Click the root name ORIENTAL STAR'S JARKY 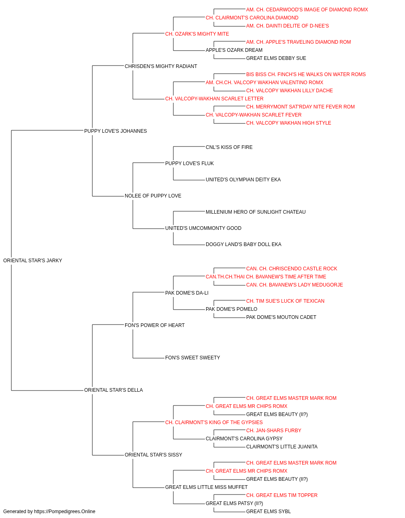point(33,260)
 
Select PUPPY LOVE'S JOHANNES point(115,131)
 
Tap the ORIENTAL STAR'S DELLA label point(113,390)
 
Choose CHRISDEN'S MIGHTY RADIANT point(161,66)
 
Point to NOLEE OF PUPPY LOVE point(153,196)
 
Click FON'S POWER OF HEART point(155,325)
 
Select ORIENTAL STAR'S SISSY point(153,454)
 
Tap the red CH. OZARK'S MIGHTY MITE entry point(197,34)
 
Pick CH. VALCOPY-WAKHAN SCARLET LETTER point(214,99)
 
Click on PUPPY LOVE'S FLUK point(190,163)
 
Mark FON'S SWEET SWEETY point(192,358)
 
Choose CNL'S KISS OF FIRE point(229,147)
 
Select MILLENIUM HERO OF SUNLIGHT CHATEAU point(256,212)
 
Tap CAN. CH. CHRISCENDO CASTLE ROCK point(292,269)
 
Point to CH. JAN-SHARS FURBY point(274,431)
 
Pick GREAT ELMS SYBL point(269,512)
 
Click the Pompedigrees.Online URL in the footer point(64,512)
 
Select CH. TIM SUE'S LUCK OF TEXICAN point(285,301)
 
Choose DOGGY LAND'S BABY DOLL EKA point(243,244)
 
